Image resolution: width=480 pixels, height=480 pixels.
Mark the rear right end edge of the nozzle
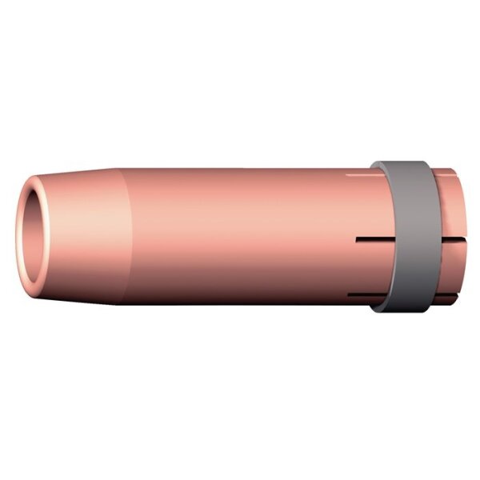(x=462, y=240)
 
